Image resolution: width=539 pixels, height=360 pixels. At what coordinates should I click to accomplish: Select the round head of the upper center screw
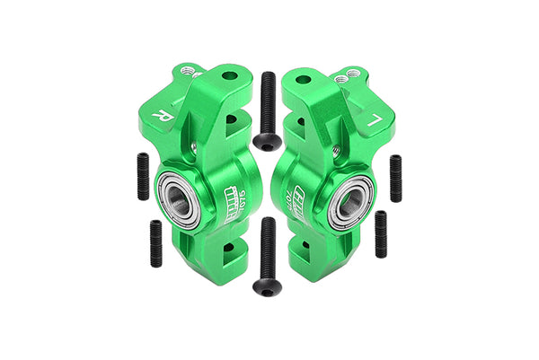[264, 141]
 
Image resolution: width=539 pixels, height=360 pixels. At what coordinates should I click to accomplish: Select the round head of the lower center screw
[263, 285]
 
